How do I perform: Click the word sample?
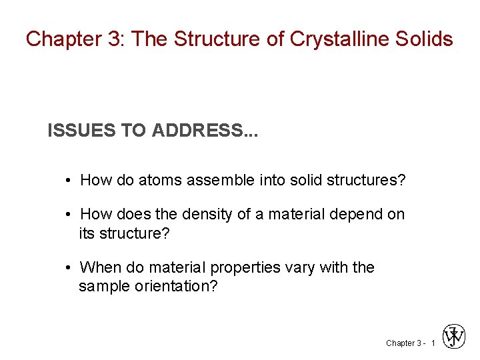100,287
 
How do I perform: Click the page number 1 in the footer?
433,343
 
